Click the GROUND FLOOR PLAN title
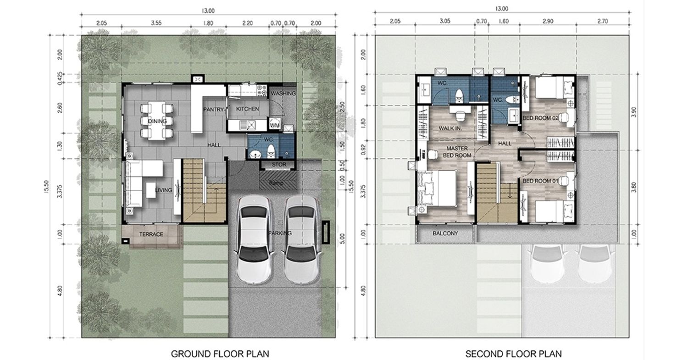pyautogui.click(x=220, y=354)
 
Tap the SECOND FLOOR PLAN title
pyautogui.click(x=514, y=354)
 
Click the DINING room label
pyautogui.click(x=157, y=121)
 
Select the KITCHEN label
pyautogui.click(x=247, y=109)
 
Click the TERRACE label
pyautogui.click(x=151, y=234)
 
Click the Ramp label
pyautogui.click(x=276, y=183)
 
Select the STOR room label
pyautogui.click(x=279, y=165)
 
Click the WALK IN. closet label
pyautogui.click(x=450, y=128)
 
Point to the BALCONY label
pyautogui.click(x=445, y=233)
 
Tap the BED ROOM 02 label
pyautogui.click(x=540, y=118)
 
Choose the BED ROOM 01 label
pyautogui.click(x=540, y=181)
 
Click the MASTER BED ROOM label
pyautogui.click(x=457, y=152)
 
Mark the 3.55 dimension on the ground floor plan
pyautogui.click(x=156, y=23)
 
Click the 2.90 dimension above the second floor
pyautogui.click(x=548, y=21)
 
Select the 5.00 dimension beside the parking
pyautogui.click(x=343, y=238)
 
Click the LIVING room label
pyautogui.click(x=163, y=190)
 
